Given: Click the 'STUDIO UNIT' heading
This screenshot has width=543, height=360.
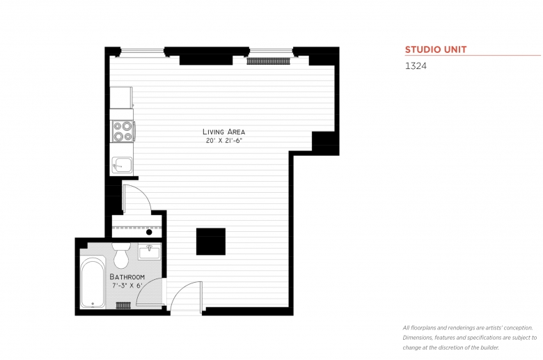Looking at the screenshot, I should pyautogui.click(x=436, y=49).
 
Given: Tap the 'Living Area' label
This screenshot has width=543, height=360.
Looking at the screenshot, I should pyautogui.click(x=223, y=132).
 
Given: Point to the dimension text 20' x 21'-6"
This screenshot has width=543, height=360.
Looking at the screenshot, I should pyautogui.click(x=223, y=141).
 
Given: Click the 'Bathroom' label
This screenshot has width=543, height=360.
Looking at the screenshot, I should pyautogui.click(x=127, y=276).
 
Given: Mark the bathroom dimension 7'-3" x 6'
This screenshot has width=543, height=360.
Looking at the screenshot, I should pyautogui.click(x=127, y=285).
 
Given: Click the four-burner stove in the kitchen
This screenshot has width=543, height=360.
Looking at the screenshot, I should pyautogui.click(x=123, y=132).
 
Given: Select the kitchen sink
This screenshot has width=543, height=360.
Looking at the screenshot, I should pyautogui.click(x=121, y=165).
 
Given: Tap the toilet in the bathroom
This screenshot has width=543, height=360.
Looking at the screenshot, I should pyautogui.click(x=120, y=256).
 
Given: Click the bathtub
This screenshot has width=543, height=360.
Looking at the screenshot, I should pyautogui.click(x=93, y=282).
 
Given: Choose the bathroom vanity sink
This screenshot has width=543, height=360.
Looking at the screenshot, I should pyautogui.click(x=150, y=251).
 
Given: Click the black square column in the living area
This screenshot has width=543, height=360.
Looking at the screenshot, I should pyautogui.click(x=210, y=242).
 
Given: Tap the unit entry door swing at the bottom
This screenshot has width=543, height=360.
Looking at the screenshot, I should pyautogui.click(x=185, y=295).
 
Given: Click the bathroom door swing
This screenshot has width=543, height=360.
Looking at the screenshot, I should pyautogui.click(x=152, y=293).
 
